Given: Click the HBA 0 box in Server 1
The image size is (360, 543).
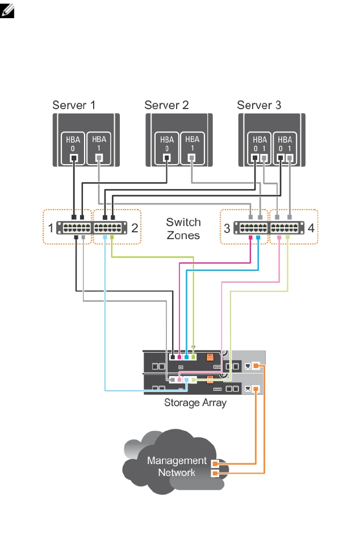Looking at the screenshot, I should point(73,148).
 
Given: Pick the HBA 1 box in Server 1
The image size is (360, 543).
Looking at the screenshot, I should point(99,148).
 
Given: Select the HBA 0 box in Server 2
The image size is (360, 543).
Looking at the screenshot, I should point(166,148).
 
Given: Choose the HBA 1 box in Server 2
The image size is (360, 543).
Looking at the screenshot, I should point(192,148).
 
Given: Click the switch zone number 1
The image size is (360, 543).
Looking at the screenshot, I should point(51,229).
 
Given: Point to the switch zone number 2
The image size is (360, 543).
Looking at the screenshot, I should point(135,229).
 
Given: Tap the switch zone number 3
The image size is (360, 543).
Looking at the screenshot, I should point(227,229).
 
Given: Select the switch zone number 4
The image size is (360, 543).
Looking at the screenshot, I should point(311,229).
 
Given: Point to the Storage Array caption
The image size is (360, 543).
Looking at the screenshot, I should point(195,403).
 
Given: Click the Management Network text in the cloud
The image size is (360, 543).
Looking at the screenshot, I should point(177,466).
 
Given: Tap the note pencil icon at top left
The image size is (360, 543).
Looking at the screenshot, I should point(9,9).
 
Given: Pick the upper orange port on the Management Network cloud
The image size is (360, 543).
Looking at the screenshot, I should point(215,463).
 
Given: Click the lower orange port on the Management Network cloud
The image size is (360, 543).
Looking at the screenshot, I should point(215,473).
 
